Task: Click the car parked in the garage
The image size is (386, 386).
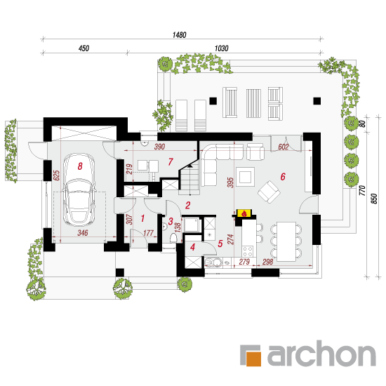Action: [x=79, y=189]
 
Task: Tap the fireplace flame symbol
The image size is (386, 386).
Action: [x=244, y=213]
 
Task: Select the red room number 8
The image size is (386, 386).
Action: [x=80, y=166]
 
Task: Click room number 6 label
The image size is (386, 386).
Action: [x=283, y=176]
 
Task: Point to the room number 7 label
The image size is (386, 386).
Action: [x=171, y=161]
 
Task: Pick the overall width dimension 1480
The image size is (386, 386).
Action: [x=179, y=35]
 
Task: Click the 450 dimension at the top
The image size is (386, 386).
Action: [x=84, y=48]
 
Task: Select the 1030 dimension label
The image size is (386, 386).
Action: [x=221, y=48]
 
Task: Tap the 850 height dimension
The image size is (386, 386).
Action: [x=374, y=199]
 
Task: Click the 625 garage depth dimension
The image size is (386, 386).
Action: [x=57, y=175]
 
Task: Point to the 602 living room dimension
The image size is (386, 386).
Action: [x=283, y=147]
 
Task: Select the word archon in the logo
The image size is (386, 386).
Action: [x=321, y=354]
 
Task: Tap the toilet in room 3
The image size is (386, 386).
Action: [x=173, y=238]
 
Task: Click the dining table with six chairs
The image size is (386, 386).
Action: [x=286, y=241]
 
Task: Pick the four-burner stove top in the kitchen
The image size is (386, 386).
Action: [x=248, y=251]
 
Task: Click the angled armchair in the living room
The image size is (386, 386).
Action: [x=269, y=192]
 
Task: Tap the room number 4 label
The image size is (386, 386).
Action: [x=192, y=247]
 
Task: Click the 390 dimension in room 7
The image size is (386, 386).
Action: [x=159, y=147]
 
